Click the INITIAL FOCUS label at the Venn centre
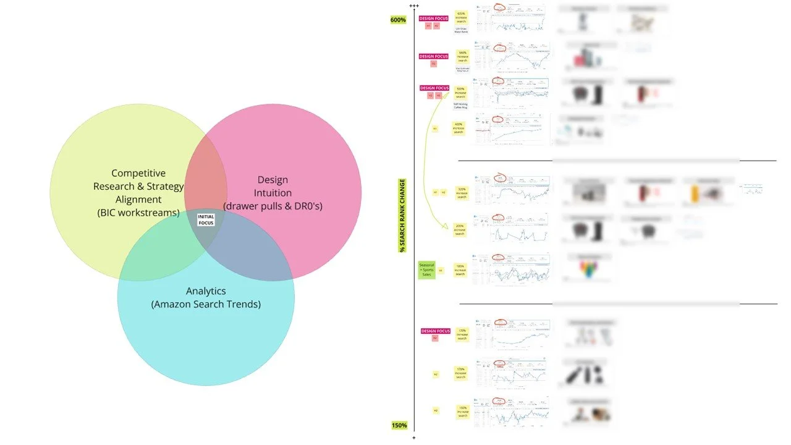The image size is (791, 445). [206, 219]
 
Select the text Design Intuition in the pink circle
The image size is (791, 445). [273, 187]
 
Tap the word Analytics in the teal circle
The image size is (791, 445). [206, 290]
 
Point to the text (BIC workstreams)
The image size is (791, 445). [138, 213]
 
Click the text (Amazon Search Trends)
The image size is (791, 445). [206, 304]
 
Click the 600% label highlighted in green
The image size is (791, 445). [398, 20]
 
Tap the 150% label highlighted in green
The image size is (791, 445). [399, 425]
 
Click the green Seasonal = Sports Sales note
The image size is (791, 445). [426, 269]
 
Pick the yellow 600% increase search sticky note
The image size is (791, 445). [461, 17]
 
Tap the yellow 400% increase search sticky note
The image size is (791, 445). [458, 128]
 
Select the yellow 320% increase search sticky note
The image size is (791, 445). [462, 192]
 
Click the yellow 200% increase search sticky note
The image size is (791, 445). [460, 230]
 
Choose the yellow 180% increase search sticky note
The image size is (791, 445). [460, 270]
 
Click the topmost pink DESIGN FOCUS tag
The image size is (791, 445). [434, 19]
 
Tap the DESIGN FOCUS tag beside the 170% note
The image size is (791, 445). [434, 331]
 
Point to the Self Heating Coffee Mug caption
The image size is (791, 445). [461, 106]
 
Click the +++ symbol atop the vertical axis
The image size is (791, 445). [414, 6]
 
